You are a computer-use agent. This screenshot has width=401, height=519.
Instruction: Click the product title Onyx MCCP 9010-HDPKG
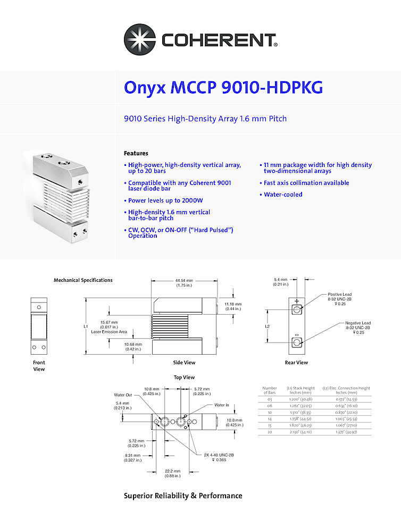pyautogui.click(x=223, y=87)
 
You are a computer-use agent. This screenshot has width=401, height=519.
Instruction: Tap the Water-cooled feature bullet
pyautogui.click(x=283, y=195)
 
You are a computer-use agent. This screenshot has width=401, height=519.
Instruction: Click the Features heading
pyautogui.click(x=136, y=153)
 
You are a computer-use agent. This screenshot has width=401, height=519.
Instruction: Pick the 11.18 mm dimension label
pyautogui.click(x=232, y=306)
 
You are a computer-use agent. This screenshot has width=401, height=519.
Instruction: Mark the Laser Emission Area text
pyautogui.click(x=109, y=331)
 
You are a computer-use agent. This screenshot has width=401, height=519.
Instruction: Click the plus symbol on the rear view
pyautogui.click(x=297, y=301)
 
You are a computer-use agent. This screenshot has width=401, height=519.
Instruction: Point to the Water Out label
pyautogui.click(x=123, y=395)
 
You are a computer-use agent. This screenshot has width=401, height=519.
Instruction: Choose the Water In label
pyautogui.click(x=222, y=405)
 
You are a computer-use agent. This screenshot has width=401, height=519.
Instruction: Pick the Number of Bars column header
pyautogui.click(x=270, y=390)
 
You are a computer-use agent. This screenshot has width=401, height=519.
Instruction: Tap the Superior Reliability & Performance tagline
pyautogui.click(x=183, y=496)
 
